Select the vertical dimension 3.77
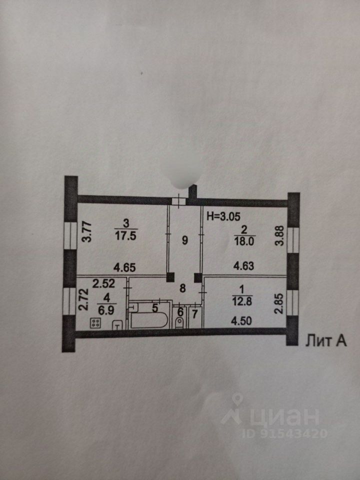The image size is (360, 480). tap(86, 231)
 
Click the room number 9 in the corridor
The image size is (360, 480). tap(184, 240)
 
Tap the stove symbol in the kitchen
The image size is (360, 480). tap(95, 323)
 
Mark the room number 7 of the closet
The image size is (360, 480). tap(194, 313)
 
